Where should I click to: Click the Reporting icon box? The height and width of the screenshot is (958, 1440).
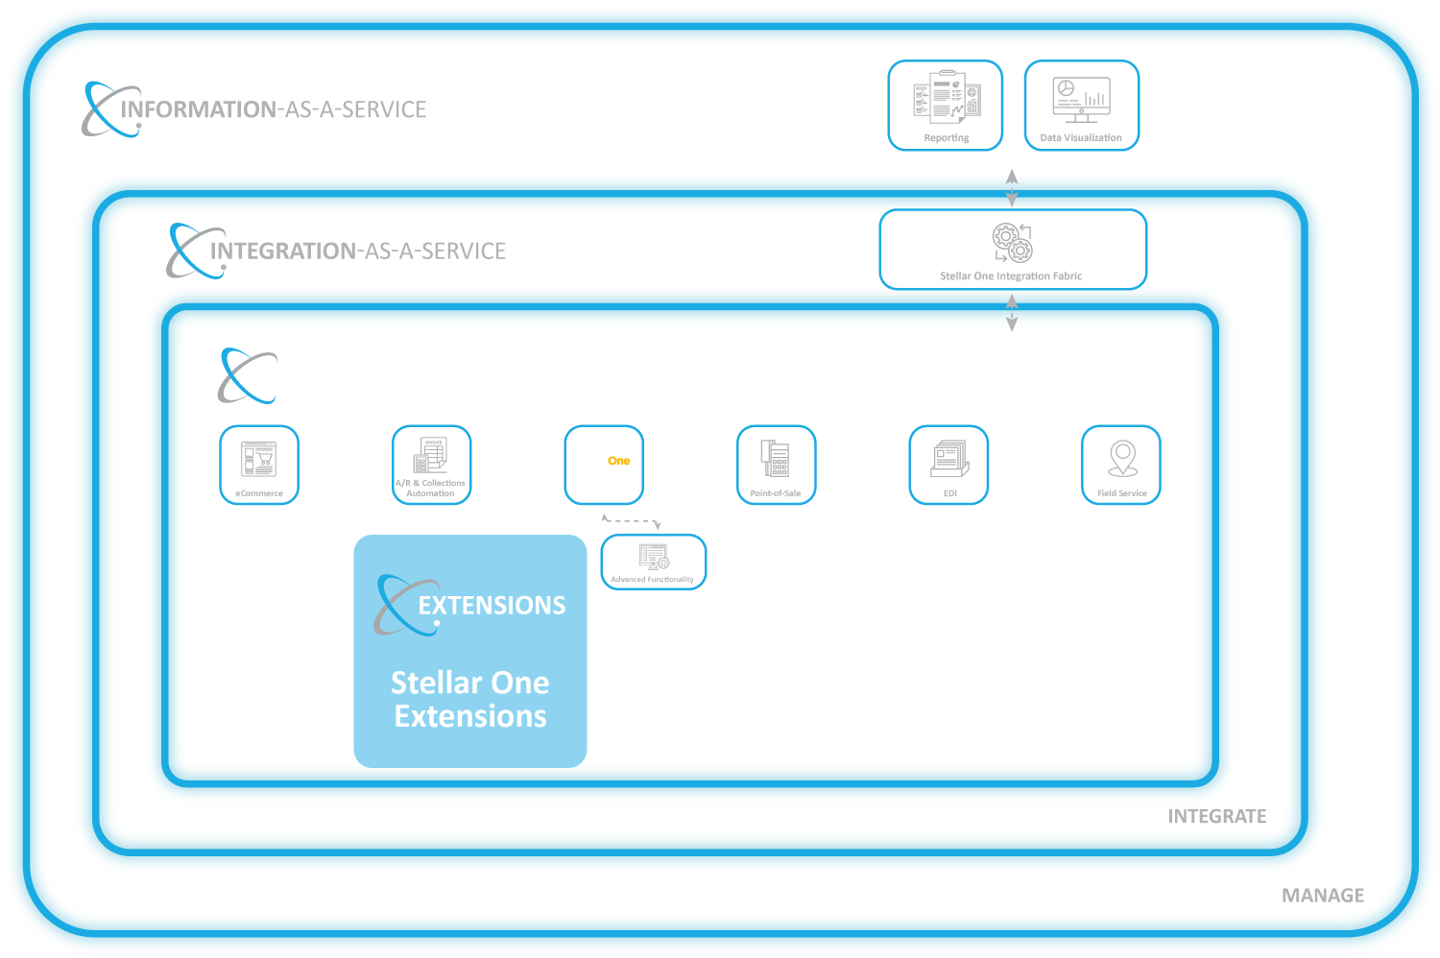pos(945,106)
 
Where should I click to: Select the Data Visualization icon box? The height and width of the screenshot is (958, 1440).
pos(1081,106)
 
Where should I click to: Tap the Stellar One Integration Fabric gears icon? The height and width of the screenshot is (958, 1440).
pos(1012,243)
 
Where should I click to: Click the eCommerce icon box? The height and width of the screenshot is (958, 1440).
pos(259,465)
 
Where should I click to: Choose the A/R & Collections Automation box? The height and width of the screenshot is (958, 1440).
pos(431,465)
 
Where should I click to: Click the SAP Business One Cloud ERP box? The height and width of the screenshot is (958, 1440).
pos(603,465)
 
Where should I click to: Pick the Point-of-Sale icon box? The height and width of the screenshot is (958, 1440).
pos(776,465)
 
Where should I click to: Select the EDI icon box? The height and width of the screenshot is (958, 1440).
pos(948,465)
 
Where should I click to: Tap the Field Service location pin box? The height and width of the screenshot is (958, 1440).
pos(1121,465)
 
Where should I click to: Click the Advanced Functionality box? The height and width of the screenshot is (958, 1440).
pos(653,562)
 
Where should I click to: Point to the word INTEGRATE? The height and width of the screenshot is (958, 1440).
pos(1216,817)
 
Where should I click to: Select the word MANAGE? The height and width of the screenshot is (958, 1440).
pos(1323,896)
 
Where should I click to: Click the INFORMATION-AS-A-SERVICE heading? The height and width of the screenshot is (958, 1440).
pos(274,109)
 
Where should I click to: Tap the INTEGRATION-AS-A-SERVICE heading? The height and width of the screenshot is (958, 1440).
pos(357,251)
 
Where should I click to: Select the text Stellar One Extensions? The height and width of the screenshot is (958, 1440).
pos(469,699)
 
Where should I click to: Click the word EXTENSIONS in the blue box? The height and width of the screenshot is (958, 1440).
pos(492,606)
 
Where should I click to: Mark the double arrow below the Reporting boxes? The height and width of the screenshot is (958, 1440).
pos(1012,188)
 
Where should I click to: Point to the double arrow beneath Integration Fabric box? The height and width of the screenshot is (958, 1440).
pos(1012,311)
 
